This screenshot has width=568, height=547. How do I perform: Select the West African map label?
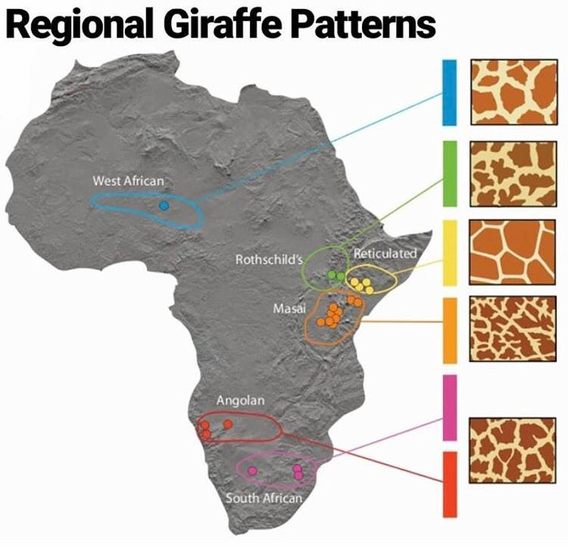(128, 181)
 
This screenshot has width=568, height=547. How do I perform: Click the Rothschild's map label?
(269, 260)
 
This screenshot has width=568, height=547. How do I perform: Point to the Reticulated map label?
(385, 253)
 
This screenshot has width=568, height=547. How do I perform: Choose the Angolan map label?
(240, 400)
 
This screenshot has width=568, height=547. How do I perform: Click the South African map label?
(264, 498)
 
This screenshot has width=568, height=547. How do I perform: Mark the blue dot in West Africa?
(164, 207)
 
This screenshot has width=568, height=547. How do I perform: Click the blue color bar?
(450, 92)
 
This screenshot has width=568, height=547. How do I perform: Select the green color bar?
(450, 173)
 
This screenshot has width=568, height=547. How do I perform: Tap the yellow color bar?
(450, 252)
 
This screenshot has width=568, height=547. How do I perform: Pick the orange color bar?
(450, 330)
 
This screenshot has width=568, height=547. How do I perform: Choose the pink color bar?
(450, 408)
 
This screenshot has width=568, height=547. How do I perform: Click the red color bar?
(450, 484)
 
